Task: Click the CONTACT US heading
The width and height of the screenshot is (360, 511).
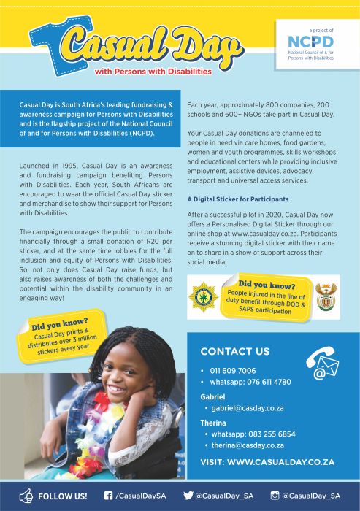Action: coord(234,351)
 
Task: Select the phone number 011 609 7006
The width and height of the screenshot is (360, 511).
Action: coord(234,370)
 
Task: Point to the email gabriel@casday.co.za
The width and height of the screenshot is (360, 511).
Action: coord(248,408)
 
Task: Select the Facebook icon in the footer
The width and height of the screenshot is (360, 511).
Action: coord(108,496)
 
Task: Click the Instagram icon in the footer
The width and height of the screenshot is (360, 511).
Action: coord(275,496)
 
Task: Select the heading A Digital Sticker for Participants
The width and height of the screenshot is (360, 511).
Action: coord(237,199)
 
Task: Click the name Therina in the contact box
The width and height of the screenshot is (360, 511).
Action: coord(213,422)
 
